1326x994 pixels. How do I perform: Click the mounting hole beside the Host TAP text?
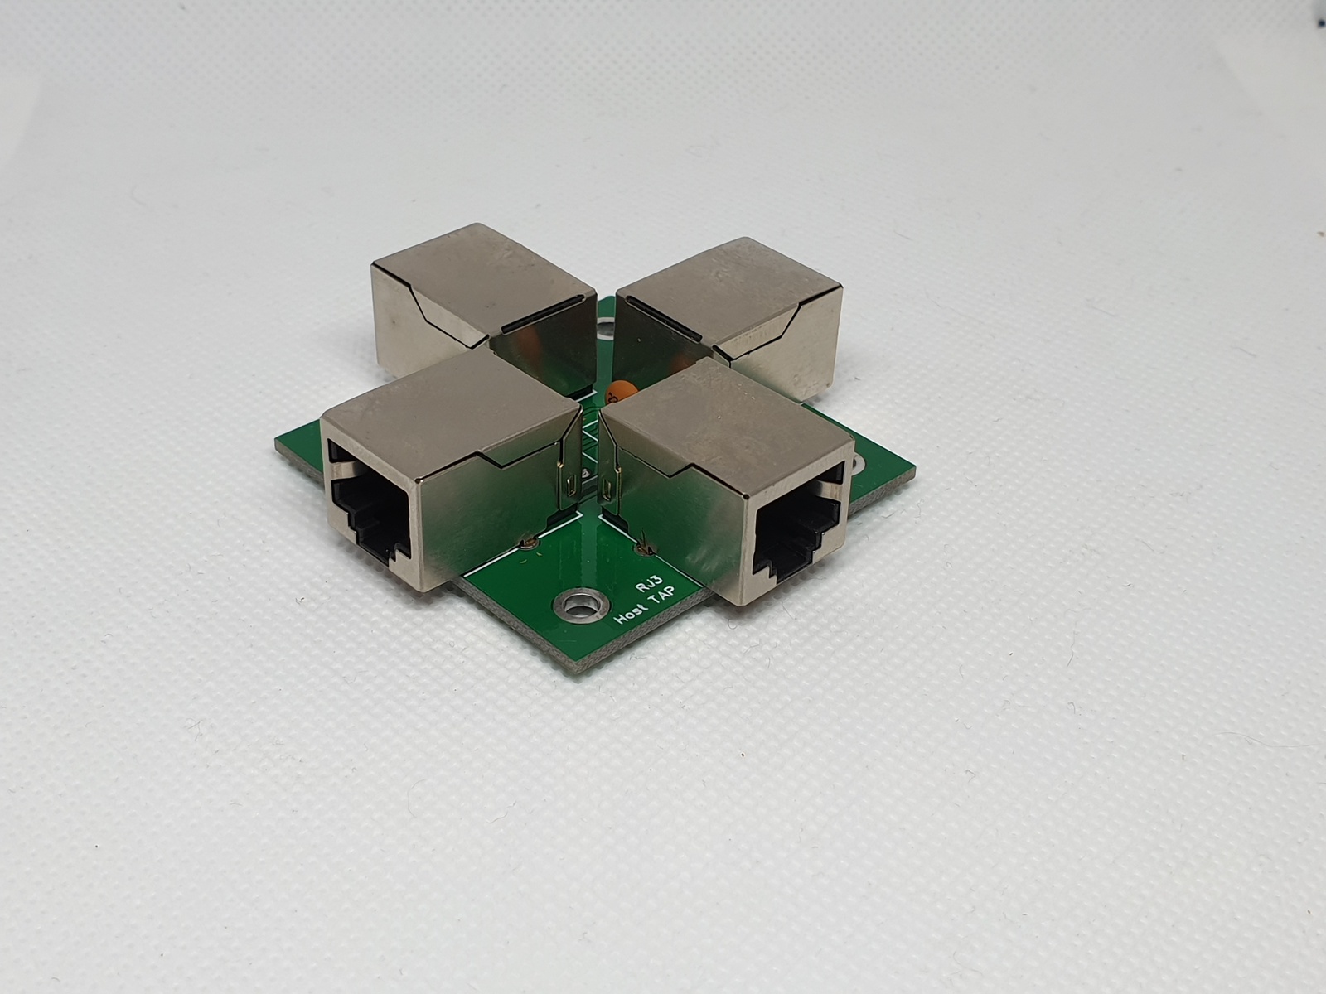click(578, 606)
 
